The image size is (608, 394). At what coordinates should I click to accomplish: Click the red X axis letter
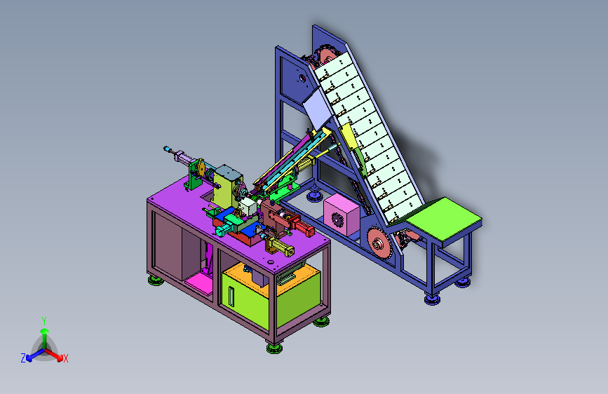66,358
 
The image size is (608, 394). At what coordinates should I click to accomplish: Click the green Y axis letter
44,321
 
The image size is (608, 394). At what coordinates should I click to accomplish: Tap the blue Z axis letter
23,358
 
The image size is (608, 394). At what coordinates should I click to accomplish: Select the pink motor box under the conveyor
342,215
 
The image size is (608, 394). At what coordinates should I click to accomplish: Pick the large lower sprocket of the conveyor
379,243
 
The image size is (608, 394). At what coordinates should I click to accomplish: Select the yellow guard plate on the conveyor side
349,136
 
